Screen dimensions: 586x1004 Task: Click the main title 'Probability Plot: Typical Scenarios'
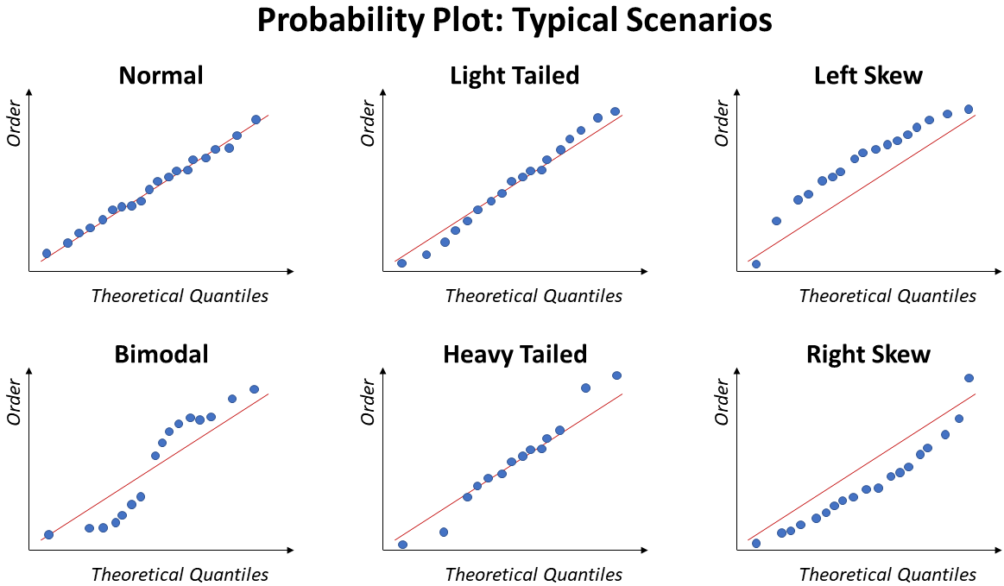[x=515, y=21]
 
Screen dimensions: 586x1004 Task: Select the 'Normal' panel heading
[x=161, y=76]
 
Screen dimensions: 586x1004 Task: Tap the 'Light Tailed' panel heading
[x=515, y=76]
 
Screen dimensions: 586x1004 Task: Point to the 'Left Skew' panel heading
[x=868, y=76]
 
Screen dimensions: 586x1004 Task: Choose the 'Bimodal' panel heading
[x=161, y=354]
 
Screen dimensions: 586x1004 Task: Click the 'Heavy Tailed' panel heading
[x=515, y=354]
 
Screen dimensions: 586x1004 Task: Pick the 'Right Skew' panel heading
[x=868, y=354]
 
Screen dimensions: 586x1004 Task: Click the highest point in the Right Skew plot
[x=969, y=378]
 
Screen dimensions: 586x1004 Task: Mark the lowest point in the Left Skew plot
[x=756, y=264]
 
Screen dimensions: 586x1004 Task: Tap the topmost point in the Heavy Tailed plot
[x=616, y=375]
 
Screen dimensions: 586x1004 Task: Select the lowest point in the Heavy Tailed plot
[x=402, y=545]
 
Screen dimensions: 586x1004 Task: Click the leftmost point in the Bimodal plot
[x=49, y=535]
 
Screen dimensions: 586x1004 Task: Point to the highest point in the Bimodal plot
[x=254, y=389]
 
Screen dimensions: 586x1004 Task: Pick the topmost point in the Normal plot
[x=256, y=120]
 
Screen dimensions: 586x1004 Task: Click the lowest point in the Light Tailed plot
[x=401, y=263]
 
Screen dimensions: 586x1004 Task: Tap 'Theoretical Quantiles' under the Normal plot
[x=180, y=296]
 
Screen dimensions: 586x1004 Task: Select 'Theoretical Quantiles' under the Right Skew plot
[x=887, y=575]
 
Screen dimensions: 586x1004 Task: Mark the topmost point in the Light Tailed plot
[x=615, y=111]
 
